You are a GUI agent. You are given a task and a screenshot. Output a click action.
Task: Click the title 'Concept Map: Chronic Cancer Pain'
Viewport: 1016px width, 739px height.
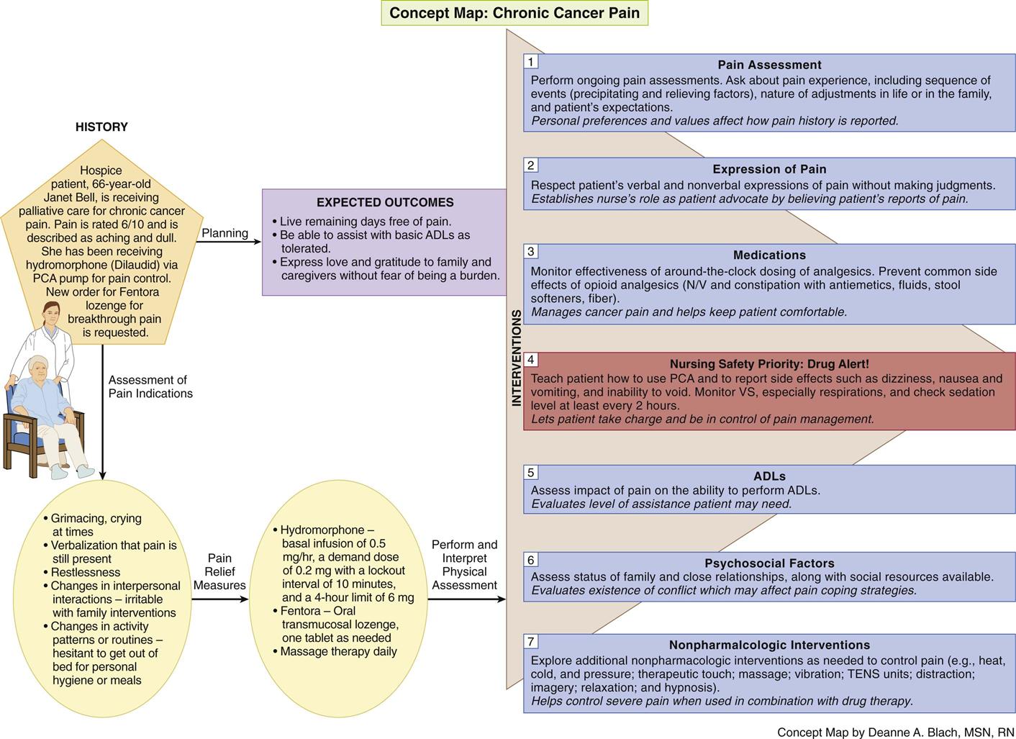514,13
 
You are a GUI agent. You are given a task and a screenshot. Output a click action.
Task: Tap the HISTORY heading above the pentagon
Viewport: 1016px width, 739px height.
101,127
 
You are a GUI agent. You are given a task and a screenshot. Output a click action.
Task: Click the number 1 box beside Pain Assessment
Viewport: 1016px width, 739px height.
531,62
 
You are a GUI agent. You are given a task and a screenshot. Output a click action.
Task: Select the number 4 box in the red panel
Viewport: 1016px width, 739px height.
531,360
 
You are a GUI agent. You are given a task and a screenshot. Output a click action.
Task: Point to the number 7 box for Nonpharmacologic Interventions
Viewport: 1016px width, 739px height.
531,642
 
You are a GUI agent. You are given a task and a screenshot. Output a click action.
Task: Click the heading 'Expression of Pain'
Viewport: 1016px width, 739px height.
769,169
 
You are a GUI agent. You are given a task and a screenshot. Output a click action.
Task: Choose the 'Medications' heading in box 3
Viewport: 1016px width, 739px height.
769,255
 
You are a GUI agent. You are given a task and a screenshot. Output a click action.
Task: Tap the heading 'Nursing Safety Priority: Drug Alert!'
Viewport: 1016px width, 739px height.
769,364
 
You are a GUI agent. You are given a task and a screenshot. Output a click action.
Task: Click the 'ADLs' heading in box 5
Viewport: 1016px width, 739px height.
769,476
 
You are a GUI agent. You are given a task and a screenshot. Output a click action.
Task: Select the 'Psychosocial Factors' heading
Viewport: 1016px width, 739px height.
769,563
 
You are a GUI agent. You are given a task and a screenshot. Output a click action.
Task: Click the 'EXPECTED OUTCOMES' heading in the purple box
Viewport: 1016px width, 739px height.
385,202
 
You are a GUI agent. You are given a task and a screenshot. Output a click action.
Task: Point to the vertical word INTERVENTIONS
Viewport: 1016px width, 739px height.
516,358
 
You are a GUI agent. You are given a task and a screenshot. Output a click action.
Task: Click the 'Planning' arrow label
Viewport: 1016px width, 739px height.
224,233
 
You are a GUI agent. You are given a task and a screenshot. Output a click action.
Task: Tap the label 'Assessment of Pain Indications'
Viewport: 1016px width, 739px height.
150,386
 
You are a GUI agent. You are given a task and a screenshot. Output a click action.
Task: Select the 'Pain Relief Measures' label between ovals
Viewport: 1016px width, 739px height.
219,571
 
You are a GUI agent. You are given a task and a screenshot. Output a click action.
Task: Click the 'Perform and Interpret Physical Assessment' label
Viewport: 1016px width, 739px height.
464,565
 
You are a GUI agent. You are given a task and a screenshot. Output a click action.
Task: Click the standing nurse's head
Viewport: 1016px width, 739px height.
50,314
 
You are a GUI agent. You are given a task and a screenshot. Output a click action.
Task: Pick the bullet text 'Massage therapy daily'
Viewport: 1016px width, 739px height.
338,651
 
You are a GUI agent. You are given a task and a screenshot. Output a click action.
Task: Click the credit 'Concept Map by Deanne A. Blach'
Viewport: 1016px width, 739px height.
895,732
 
